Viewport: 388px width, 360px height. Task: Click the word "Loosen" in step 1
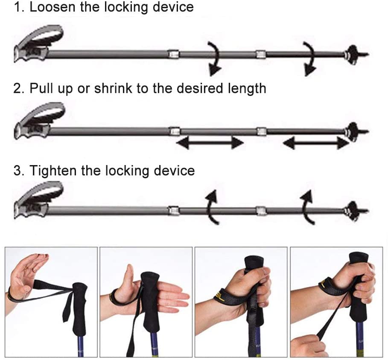(53, 7)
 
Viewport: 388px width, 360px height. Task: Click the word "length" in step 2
(247, 88)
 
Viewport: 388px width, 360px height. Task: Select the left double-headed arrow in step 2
(210, 142)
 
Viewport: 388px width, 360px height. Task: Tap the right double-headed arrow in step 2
(316, 143)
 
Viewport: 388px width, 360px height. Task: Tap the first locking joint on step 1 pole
(173, 54)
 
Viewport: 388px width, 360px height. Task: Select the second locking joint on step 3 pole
(261, 211)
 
